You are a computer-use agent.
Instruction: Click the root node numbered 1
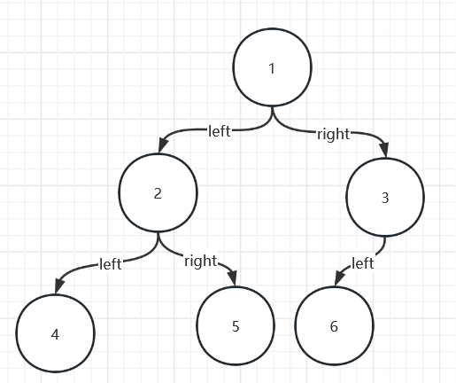(272, 67)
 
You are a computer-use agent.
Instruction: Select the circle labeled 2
(158, 192)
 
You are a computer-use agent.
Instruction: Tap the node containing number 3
(385, 198)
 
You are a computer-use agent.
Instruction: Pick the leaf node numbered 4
(55, 333)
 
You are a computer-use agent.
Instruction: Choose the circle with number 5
(236, 325)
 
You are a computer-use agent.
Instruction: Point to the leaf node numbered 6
(334, 325)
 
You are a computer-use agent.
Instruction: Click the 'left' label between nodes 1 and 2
(219, 130)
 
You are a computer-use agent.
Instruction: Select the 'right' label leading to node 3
(334, 135)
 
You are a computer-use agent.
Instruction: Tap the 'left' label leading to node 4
(111, 264)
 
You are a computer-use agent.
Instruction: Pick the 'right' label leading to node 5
(201, 262)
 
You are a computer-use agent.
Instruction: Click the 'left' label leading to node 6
(363, 263)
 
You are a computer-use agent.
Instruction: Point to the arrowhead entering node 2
(163, 145)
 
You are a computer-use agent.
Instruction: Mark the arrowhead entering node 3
(384, 150)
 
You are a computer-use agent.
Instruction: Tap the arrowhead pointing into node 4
(59, 285)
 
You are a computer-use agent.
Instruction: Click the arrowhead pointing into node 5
(233, 278)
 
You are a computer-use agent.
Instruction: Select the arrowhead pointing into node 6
(339, 278)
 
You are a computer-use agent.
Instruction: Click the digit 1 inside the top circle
(272, 68)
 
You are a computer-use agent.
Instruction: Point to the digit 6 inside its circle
(334, 326)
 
